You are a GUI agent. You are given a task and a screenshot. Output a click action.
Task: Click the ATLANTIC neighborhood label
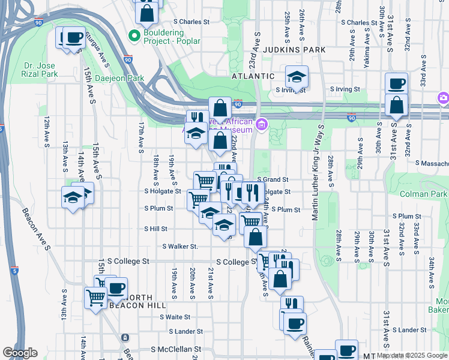253,77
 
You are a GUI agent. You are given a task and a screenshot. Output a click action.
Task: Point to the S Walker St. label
180,247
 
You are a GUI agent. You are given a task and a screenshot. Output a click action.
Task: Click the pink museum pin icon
262,124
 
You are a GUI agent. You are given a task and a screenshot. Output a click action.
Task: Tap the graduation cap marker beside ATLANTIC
297,76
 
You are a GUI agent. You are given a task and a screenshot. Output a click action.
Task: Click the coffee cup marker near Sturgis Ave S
74,37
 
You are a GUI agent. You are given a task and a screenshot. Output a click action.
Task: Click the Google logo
20,353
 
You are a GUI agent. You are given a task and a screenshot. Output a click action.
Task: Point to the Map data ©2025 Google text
412,355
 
